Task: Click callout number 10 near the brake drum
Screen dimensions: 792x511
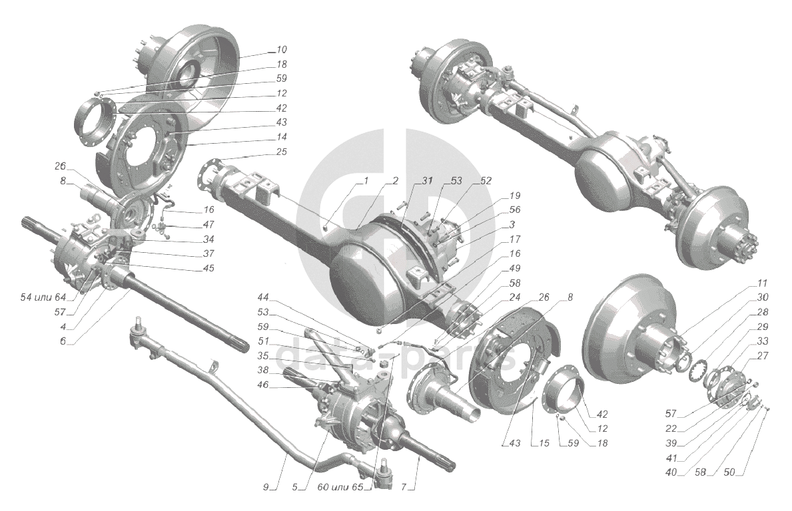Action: [281, 50]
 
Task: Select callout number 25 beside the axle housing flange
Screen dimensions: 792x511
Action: [281, 151]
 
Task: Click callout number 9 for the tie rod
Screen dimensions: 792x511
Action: [266, 488]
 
